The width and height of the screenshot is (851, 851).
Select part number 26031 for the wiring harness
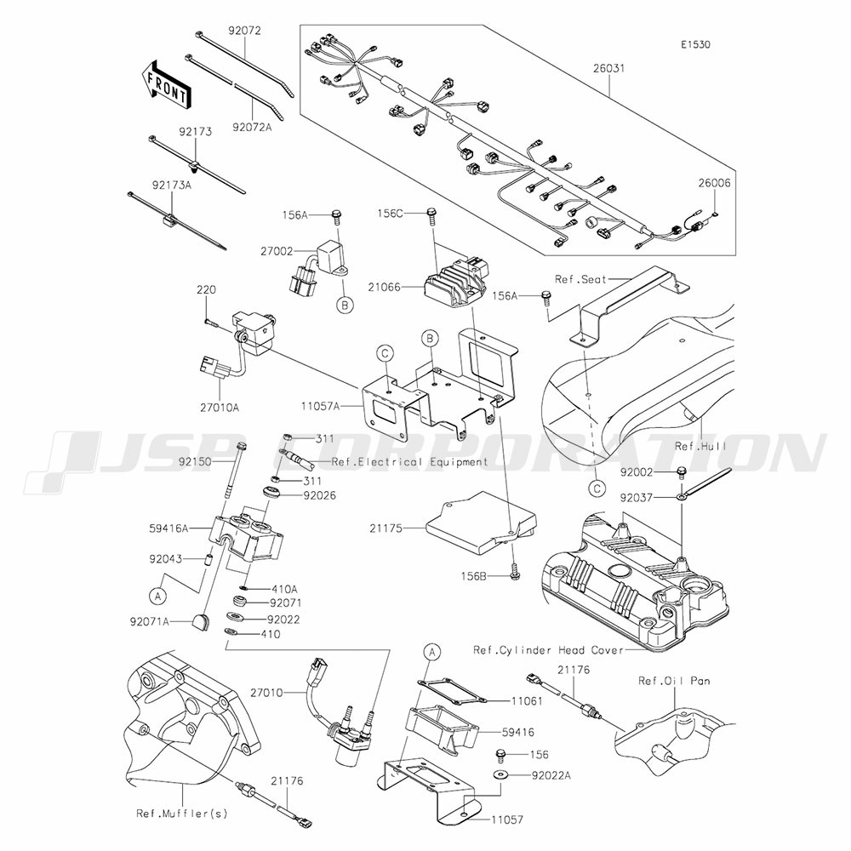pyautogui.click(x=609, y=69)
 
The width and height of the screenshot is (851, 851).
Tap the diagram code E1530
pyautogui.click(x=696, y=44)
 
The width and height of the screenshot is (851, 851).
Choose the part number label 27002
pyautogui.click(x=277, y=251)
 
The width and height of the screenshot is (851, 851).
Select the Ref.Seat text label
pyautogui.click(x=580, y=279)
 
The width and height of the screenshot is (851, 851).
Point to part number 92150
pyautogui.click(x=195, y=462)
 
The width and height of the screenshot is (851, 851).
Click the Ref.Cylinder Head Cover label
pyautogui.click(x=549, y=649)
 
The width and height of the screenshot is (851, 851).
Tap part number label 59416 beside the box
pyautogui.click(x=517, y=732)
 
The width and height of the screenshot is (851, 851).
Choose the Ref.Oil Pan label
pyautogui.click(x=674, y=681)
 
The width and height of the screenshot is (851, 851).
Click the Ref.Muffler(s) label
pyautogui.click(x=182, y=814)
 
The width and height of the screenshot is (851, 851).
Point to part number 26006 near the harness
pyautogui.click(x=714, y=183)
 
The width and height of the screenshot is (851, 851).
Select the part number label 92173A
pyautogui.click(x=172, y=185)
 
